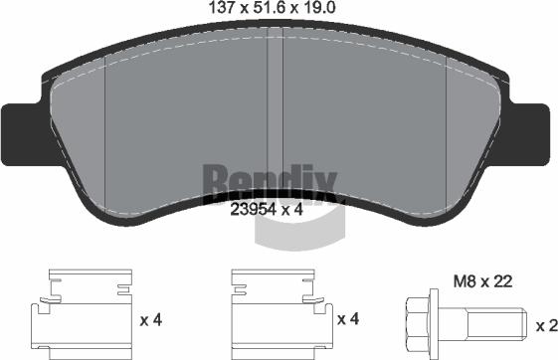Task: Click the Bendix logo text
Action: pyautogui.click(x=270, y=180)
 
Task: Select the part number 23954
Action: pyautogui.click(x=254, y=211)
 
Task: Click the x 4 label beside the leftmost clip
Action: pyautogui.click(x=151, y=320)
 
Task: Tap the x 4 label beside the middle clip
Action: pyautogui.click(x=348, y=320)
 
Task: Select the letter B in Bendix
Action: pyautogui.click(x=215, y=180)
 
